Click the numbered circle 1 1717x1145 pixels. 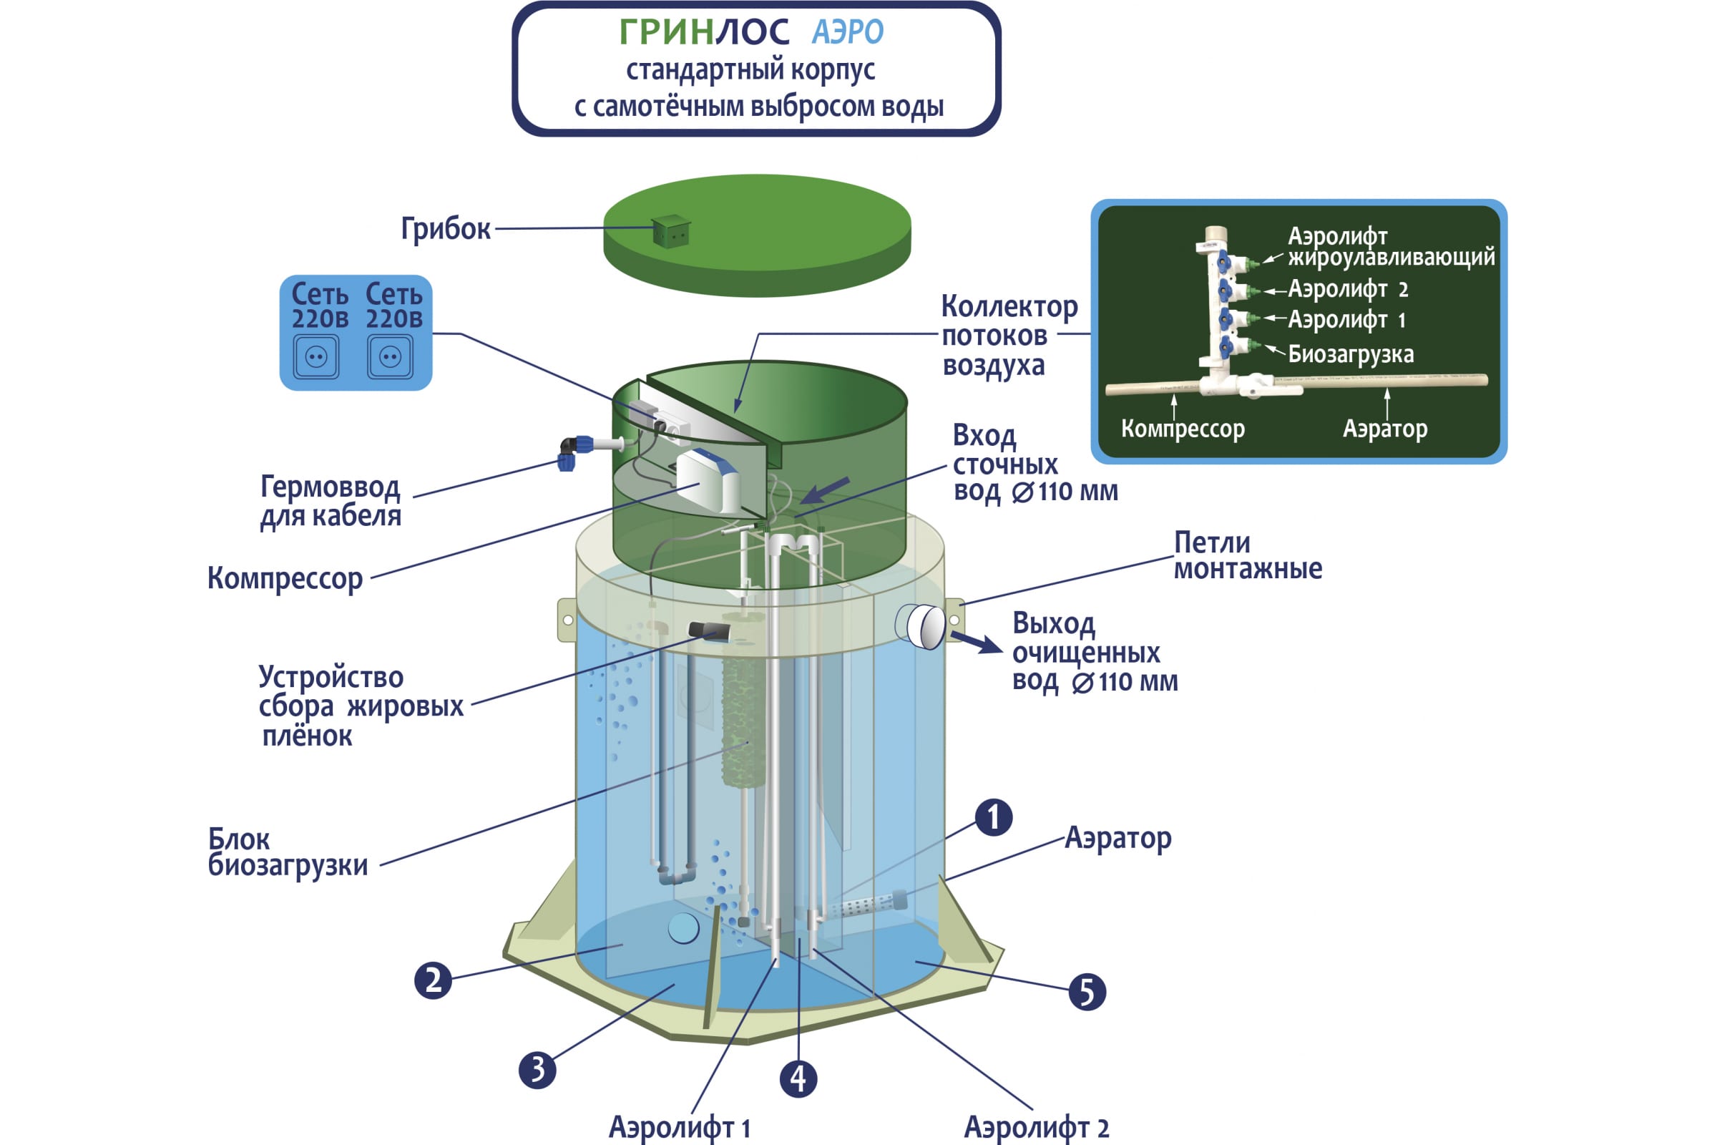[994, 817]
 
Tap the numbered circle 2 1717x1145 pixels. [433, 980]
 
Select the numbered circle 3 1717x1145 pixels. [537, 1070]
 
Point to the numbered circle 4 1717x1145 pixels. [798, 1079]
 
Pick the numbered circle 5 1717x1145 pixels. [1087, 993]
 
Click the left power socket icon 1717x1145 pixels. [316, 356]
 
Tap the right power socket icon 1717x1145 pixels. [390, 356]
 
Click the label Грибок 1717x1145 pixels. [445, 228]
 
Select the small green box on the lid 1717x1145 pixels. [670, 230]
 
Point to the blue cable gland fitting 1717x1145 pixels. [573, 452]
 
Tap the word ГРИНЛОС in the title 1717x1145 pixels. [704, 32]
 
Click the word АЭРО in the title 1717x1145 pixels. [848, 32]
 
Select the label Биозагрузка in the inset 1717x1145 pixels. [1351, 354]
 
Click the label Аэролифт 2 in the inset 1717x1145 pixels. [1348, 289]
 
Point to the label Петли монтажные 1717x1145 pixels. [1248, 556]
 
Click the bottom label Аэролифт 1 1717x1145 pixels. [679, 1126]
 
